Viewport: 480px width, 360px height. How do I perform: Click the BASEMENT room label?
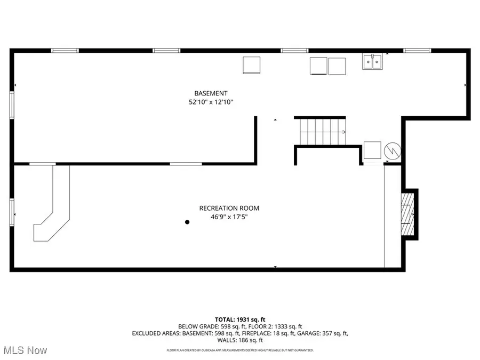[211, 93]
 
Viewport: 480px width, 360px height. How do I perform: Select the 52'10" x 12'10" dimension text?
[211, 102]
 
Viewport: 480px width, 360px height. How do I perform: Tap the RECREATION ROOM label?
[229, 208]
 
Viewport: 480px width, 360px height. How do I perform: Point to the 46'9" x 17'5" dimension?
[229, 217]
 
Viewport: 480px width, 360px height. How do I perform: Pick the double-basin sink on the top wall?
[373, 62]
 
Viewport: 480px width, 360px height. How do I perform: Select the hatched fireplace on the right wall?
[408, 214]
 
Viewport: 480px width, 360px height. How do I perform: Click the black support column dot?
[187, 222]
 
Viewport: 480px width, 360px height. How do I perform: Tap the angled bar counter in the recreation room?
[53, 208]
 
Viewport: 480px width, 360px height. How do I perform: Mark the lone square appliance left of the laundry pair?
[251, 65]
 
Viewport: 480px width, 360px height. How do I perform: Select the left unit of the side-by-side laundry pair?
[318, 66]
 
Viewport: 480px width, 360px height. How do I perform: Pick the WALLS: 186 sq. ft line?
[239, 340]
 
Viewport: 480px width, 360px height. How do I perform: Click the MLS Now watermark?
[25, 350]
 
